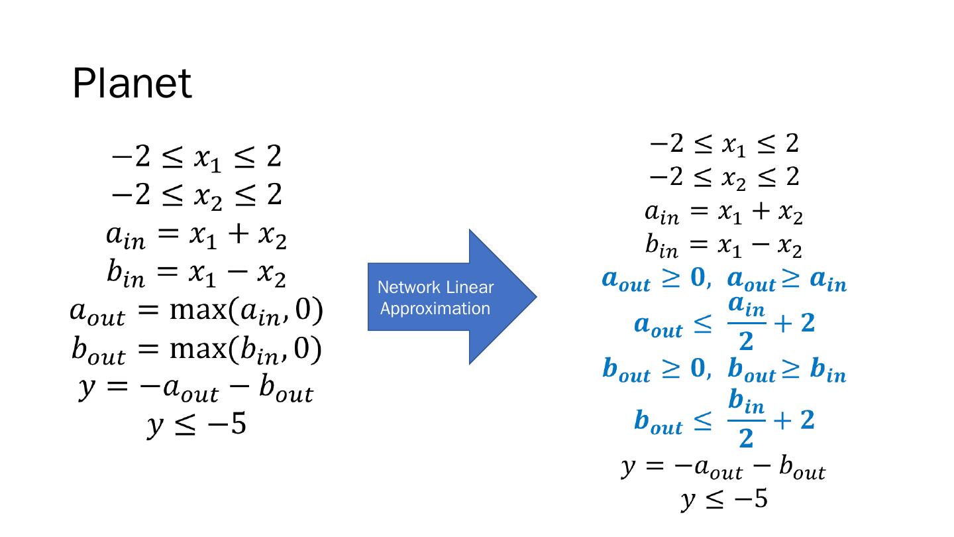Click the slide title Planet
[132, 84]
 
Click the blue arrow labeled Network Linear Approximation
[450, 297]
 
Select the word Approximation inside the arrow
[435, 309]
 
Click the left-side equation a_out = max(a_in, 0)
[196, 312]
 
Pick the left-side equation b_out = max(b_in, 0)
[196, 351]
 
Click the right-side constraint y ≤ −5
[724, 499]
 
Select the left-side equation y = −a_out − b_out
[196, 389]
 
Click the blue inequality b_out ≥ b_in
[787, 371]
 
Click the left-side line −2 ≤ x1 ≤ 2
[196, 157]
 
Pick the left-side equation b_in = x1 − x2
[196, 275]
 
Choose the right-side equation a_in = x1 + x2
[724, 213]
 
